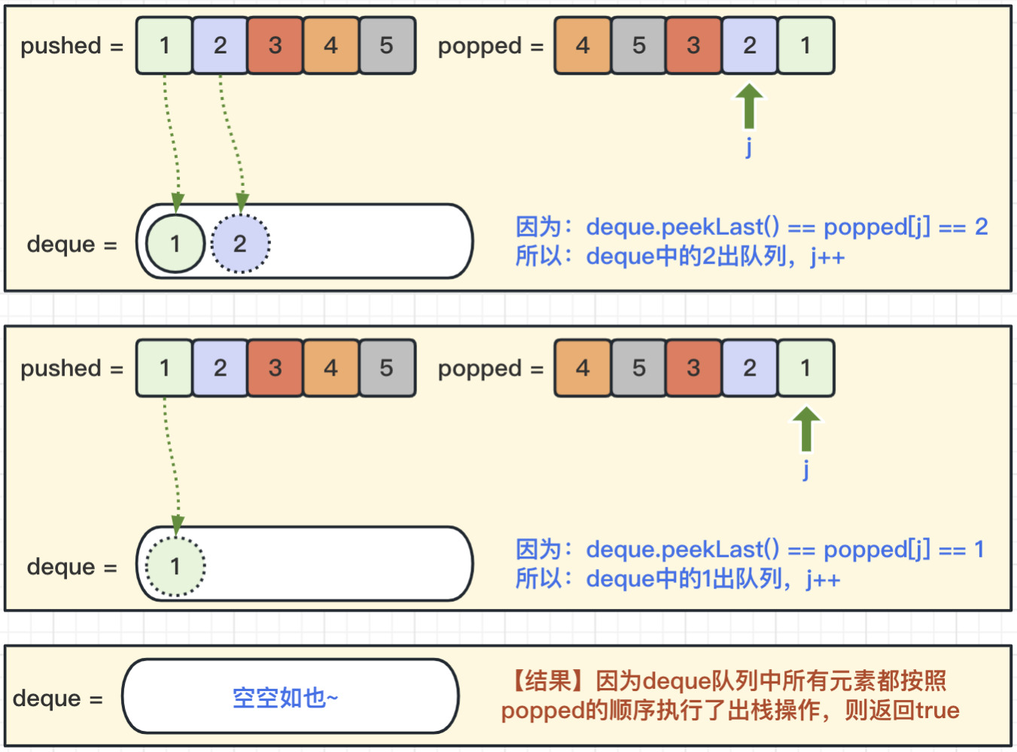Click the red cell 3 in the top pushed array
pyautogui.click(x=276, y=46)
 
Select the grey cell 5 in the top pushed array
pyautogui.click(x=387, y=46)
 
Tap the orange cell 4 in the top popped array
pyautogui.click(x=583, y=46)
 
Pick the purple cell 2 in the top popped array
pyautogui.click(x=750, y=46)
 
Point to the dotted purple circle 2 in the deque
pyautogui.click(x=240, y=244)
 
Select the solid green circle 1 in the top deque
pyautogui.click(x=175, y=244)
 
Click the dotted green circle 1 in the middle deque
pyautogui.click(x=175, y=566)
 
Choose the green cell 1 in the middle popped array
pyautogui.click(x=805, y=368)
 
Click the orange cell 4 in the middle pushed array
pyautogui.click(x=331, y=368)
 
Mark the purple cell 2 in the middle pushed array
pyautogui.click(x=220, y=368)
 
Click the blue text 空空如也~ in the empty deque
pyautogui.click(x=285, y=698)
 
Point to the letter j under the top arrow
pyautogui.click(x=748, y=146)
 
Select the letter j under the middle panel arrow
pyautogui.click(x=805, y=469)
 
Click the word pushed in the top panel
pyautogui.click(x=61, y=46)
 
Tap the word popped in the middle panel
pyautogui.click(x=480, y=369)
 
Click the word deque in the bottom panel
pyautogui.click(x=47, y=699)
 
